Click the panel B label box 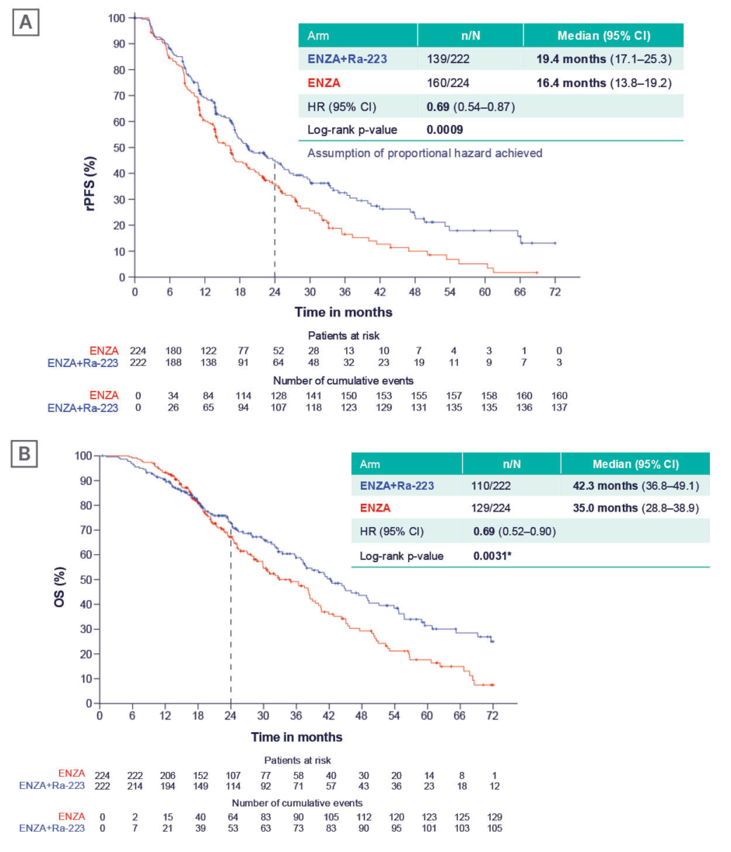tap(26, 455)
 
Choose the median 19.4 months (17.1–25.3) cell tap(603, 58)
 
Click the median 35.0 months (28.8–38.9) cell tap(634, 511)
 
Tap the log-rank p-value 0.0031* tap(495, 556)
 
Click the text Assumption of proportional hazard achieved tap(425, 153)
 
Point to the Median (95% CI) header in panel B tap(635, 465)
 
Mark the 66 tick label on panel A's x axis tap(519, 291)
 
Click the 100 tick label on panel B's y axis tap(83, 456)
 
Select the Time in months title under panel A tap(343, 313)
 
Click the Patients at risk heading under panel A tap(343, 336)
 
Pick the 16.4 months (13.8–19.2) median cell tap(603, 82)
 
